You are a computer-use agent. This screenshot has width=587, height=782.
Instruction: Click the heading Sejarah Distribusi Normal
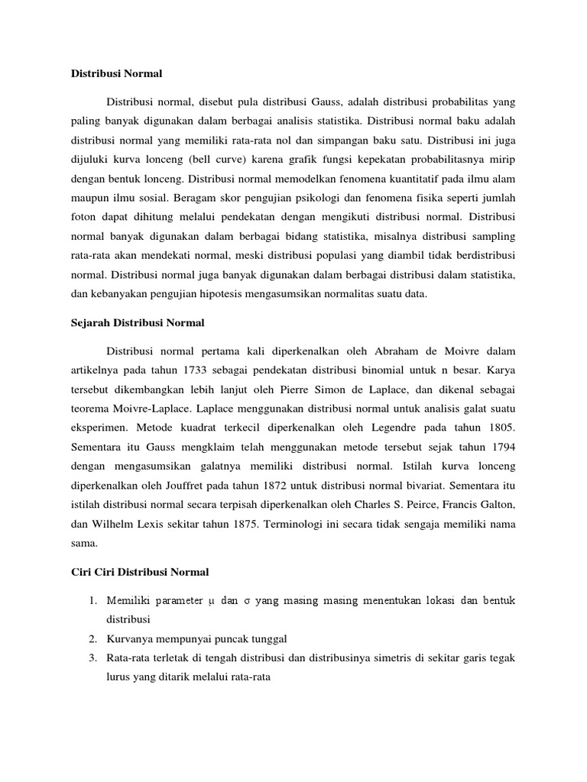[132, 323]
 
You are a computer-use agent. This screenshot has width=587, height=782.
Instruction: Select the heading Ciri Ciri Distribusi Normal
[138, 571]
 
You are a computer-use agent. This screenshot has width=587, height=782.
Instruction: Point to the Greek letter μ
[209, 601]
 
